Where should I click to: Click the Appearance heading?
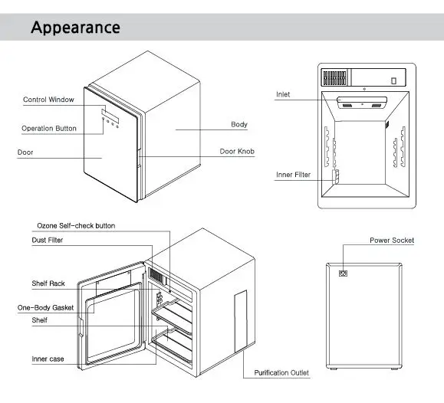tap(76, 28)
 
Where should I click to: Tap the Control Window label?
tap(48, 100)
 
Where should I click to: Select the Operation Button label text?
tap(49, 129)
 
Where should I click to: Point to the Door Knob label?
tap(237, 152)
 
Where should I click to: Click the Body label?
tap(239, 124)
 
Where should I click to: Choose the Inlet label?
tap(283, 94)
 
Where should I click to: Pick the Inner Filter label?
tap(294, 175)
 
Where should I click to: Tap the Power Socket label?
tap(392, 241)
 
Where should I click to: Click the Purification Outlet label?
tap(281, 372)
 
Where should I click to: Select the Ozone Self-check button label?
tap(76, 226)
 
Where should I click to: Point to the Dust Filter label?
tap(48, 241)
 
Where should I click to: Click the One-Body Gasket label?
tap(45, 308)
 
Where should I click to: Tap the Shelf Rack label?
tap(48, 283)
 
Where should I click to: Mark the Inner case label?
tap(48, 359)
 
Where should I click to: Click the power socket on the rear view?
tap(343, 274)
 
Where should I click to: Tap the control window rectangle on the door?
tap(110, 115)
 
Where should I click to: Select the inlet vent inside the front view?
tap(362, 103)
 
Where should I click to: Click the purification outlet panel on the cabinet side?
tap(241, 321)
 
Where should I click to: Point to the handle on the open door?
tap(81, 327)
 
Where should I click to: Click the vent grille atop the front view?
tap(334, 77)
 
